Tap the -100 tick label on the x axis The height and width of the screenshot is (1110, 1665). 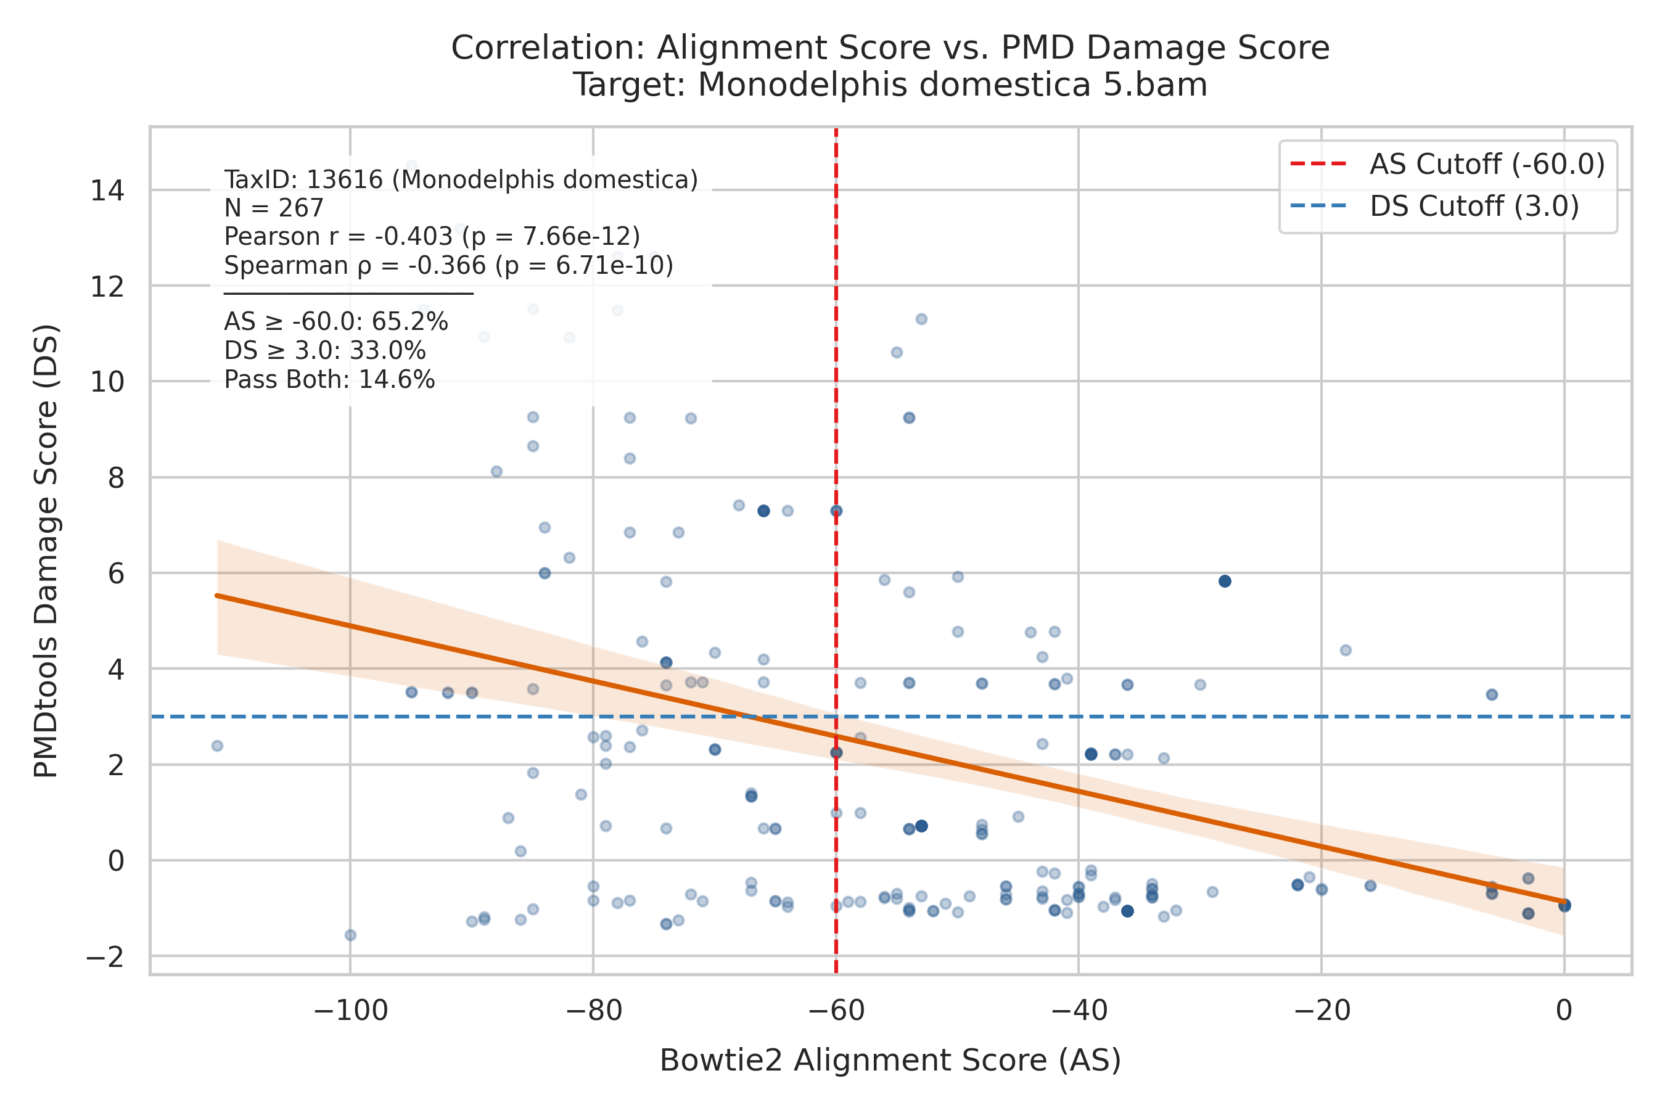(x=350, y=1011)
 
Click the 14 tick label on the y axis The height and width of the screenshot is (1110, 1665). (x=107, y=191)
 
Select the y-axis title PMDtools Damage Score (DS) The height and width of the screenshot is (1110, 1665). (x=46, y=551)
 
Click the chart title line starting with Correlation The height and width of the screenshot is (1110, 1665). (x=890, y=47)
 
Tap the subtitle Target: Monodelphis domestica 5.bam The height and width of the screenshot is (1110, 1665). (x=890, y=85)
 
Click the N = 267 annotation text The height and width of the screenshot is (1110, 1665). (x=274, y=208)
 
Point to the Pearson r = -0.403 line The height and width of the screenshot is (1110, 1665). (x=432, y=236)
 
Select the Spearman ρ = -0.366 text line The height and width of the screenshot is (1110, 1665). (x=449, y=265)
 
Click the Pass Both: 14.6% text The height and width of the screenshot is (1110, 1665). (x=330, y=380)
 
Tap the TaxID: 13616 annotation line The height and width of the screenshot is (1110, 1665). (x=461, y=180)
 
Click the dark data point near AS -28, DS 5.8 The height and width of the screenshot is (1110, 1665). (x=1225, y=581)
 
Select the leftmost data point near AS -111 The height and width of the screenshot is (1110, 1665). (x=217, y=746)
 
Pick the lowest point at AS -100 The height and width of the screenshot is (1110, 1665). (x=350, y=935)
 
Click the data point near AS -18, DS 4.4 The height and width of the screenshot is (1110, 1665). (x=1346, y=650)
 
